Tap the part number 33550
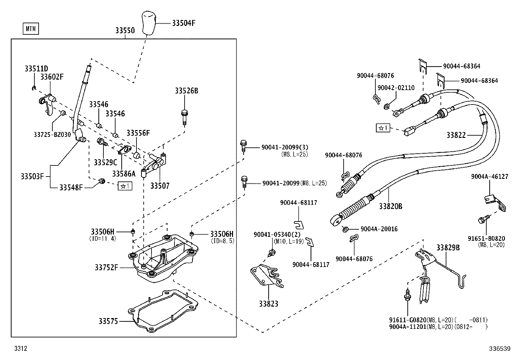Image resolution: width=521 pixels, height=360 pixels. click(125, 30)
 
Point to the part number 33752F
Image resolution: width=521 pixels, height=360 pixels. click(106, 268)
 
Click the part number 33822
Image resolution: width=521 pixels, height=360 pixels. click(456, 135)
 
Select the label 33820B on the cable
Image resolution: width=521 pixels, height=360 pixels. click(390, 206)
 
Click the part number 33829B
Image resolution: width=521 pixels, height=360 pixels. click(448, 248)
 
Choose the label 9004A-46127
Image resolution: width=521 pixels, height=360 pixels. click(490, 177)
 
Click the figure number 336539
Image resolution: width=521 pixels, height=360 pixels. click(499, 349)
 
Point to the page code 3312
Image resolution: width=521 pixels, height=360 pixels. click(20, 349)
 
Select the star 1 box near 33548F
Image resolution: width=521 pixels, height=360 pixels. click(125, 186)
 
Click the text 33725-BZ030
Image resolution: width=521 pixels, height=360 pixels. click(52, 134)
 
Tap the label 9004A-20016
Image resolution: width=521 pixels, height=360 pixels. click(379, 229)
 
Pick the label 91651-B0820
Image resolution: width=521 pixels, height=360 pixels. click(486, 238)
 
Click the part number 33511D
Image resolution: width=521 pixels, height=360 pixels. click(36, 69)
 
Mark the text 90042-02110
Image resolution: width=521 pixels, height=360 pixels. click(396, 88)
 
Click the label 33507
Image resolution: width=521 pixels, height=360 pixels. click(160, 186)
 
